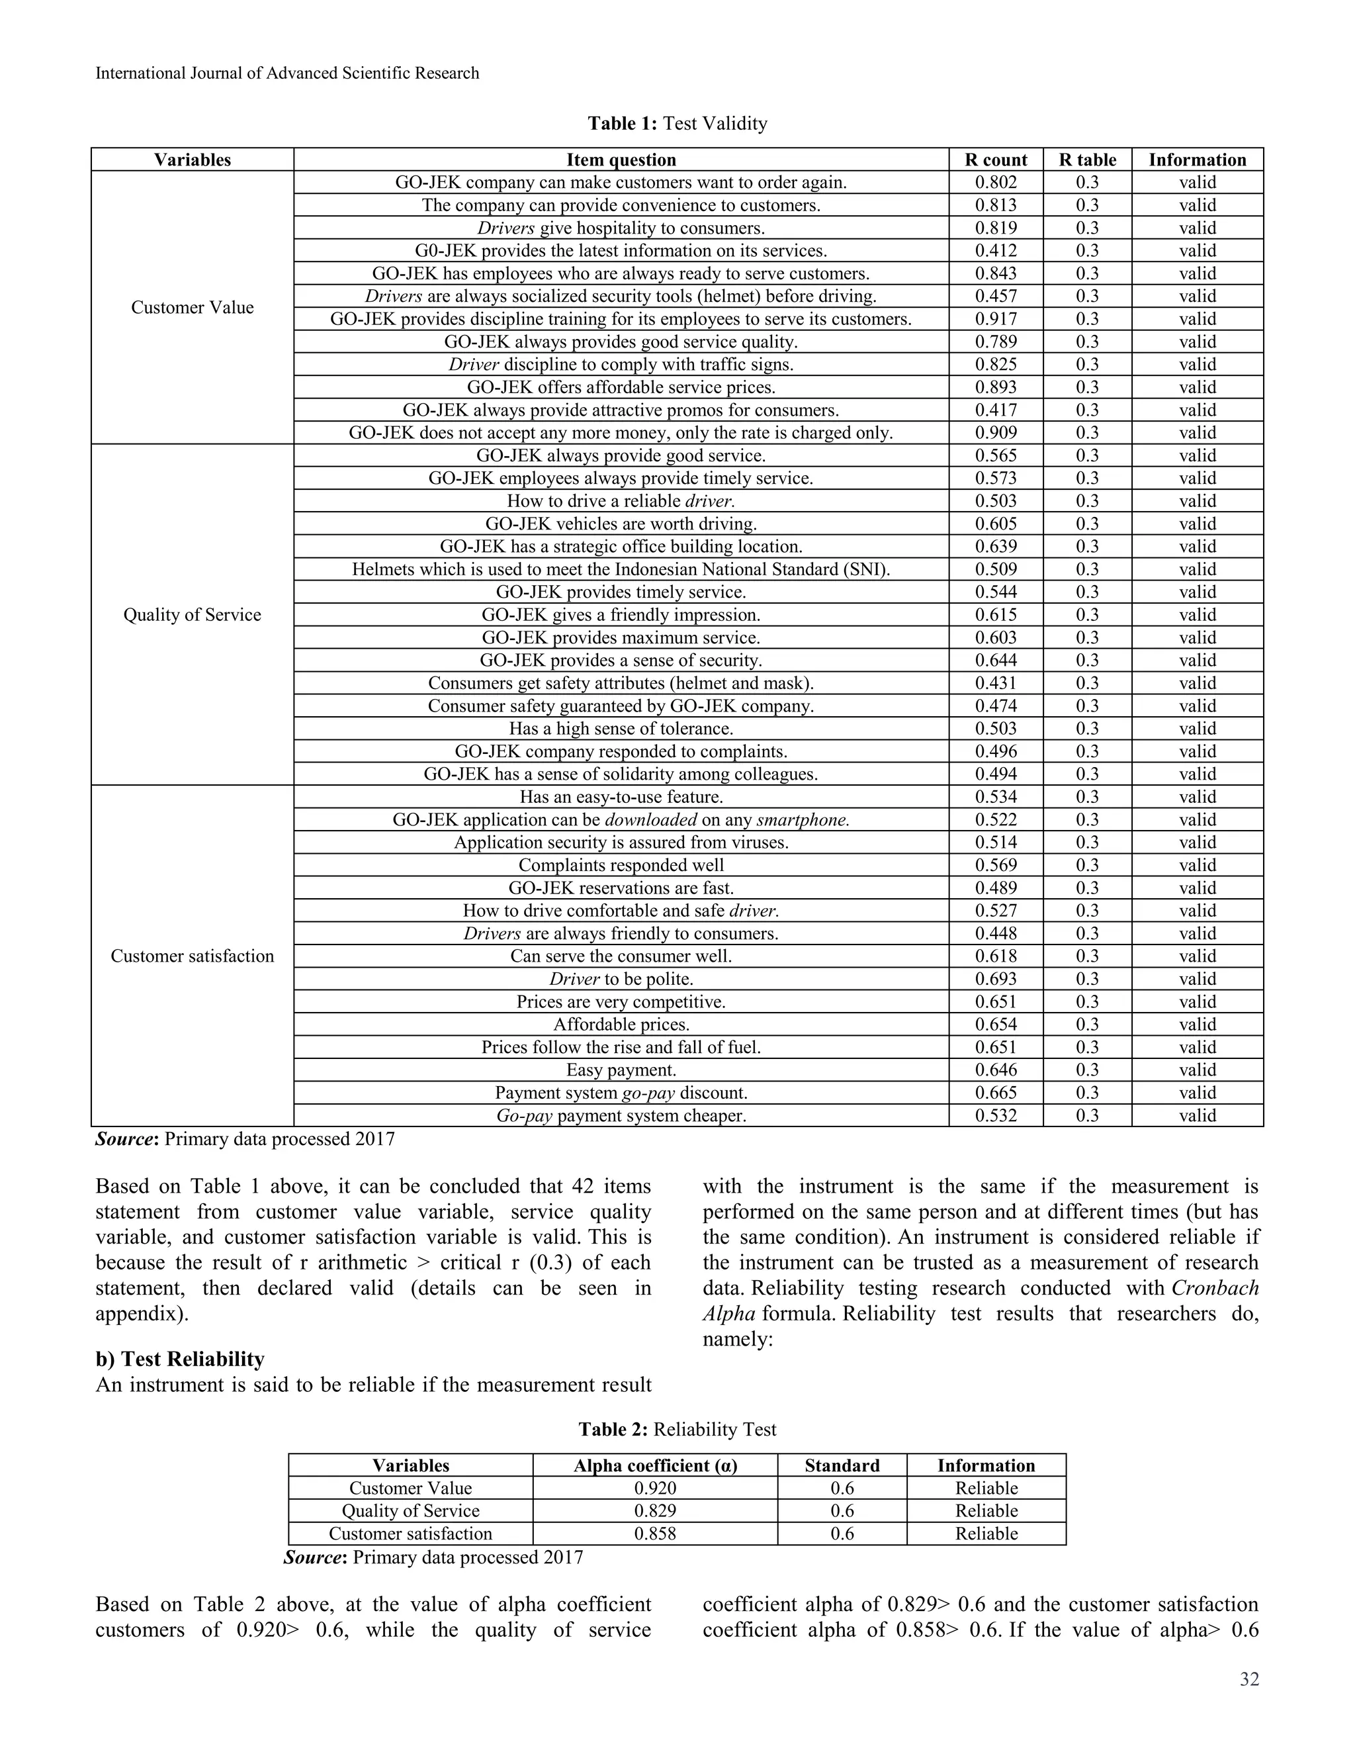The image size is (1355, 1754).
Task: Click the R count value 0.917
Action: pyautogui.click(x=995, y=319)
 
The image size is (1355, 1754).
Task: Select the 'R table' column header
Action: pyautogui.click(x=1087, y=160)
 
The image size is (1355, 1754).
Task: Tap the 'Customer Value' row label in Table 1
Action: pyautogui.click(x=192, y=308)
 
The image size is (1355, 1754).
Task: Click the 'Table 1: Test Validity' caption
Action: pyautogui.click(x=677, y=123)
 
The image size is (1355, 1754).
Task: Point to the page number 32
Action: pyautogui.click(x=1249, y=1679)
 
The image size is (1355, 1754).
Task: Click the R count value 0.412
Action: pyautogui.click(x=995, y=251)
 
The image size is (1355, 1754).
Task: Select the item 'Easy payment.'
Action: pyautogui.click(x=621, y=1070)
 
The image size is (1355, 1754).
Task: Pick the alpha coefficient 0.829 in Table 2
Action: pyautogui.click(x=654, y=1510)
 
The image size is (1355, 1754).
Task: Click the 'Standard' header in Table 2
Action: pyautogui.click(x=842, y=1465)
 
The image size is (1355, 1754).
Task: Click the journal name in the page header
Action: pyautogui.click(x=286, y=73)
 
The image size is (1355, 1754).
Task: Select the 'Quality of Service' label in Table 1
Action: pyautogui.click(x=192, y=614)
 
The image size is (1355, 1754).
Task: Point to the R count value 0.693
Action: pyautogui.click(x=995, y=978)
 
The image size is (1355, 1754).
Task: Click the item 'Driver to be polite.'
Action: pyautogui.click(x=621, y=978)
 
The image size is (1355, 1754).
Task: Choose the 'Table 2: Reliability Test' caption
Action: pyautogui.click(x=677, y=1429)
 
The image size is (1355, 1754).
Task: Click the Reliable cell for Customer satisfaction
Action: pyautogui.click(x=986, y=1533)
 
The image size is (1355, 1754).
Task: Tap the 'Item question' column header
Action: pyautogui.click(x=621, y=160)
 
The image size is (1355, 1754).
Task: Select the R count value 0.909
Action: pyautogui.click(x=995, y=433)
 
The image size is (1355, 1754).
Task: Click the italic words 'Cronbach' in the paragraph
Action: pyautogui.click(x=1215, y=1288)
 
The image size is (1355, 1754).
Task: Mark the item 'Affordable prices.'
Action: pyautogui.click(x=621, y=1024)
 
